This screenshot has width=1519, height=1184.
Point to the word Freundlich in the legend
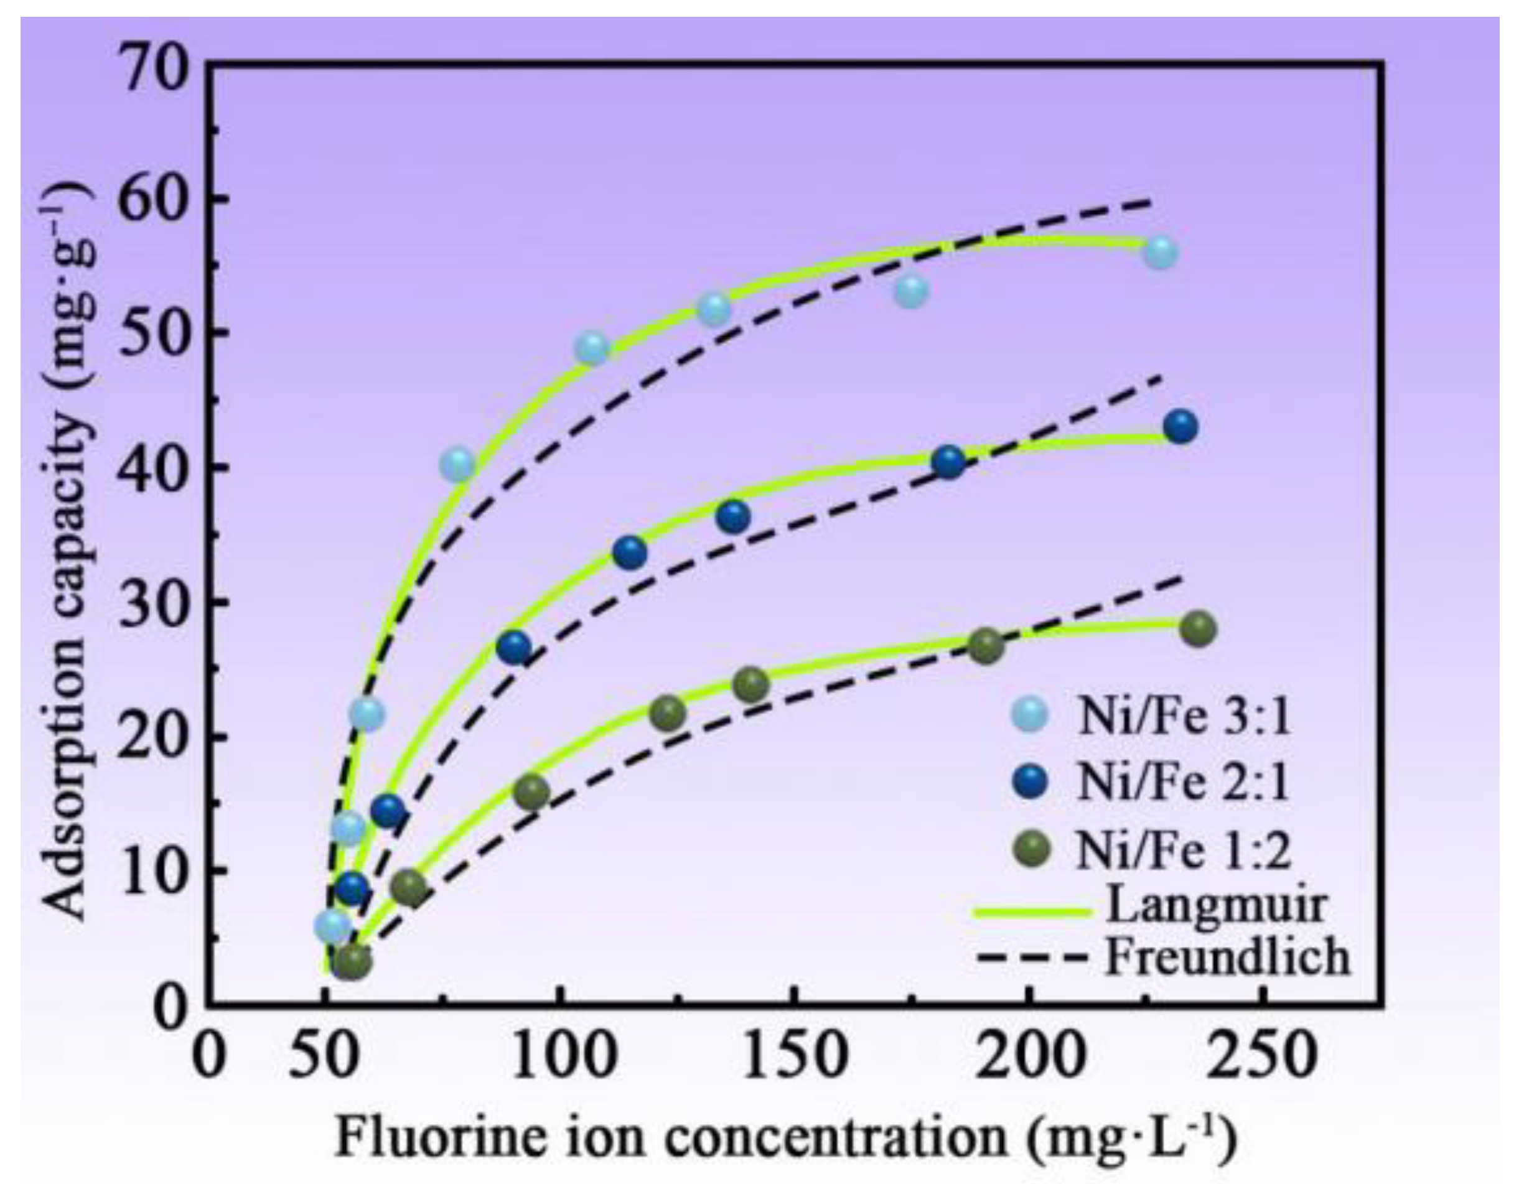(x=1228, y=958)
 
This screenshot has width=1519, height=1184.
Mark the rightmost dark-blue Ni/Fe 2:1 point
(x=1181, y=426)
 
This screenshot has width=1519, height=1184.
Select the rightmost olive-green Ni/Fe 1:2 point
(x=1198, y=629)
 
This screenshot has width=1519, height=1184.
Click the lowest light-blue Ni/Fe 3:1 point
(x=332, y=925)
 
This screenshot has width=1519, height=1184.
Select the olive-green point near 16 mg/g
(x=532, y=792)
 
